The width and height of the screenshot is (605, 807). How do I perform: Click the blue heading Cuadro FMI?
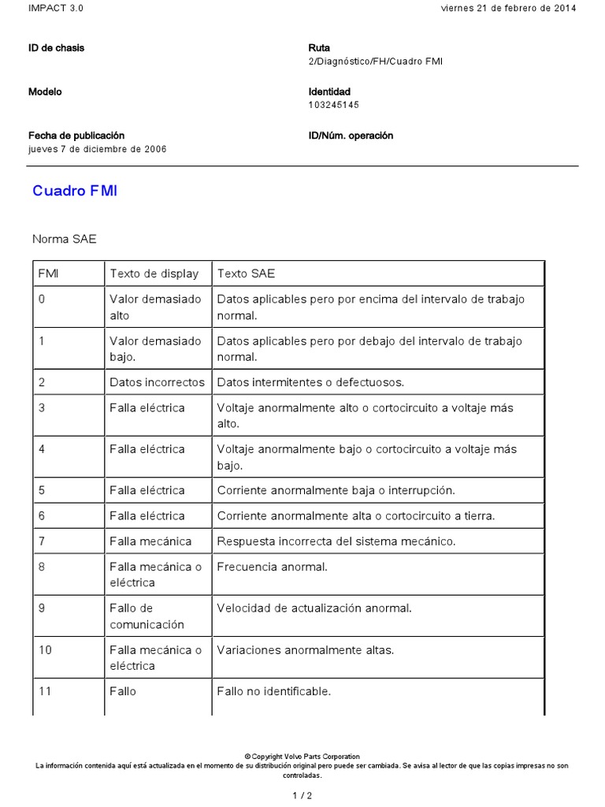coord(75,192)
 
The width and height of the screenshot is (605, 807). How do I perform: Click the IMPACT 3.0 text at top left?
coord(55,8)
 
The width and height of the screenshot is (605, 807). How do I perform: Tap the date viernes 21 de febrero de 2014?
coord(509,8)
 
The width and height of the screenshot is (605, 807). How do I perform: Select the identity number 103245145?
coord(334,105)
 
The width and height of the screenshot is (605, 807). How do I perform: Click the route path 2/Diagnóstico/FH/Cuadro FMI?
coord(375,61)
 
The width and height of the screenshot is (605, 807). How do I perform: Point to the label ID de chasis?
coord(56,48)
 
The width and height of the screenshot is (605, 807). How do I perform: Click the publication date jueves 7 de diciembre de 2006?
coord(97,149)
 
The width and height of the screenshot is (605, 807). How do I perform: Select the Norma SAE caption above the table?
coord(65,239)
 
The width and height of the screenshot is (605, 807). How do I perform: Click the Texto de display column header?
coord(154,273)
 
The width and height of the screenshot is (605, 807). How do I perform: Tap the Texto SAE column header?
coord(246,273)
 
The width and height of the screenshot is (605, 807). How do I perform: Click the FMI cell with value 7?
coord(42,541)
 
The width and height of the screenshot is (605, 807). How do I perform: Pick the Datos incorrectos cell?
coord(157,382)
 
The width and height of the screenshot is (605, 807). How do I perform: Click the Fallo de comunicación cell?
coord(147,616)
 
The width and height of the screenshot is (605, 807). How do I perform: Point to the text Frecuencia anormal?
coord(272,567)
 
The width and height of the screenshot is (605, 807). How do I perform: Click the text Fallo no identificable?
coord(273,691)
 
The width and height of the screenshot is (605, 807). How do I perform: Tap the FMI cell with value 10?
coord(45,650)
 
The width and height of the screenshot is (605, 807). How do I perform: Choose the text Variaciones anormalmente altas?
coord(305,650)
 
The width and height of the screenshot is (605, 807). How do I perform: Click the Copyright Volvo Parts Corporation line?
coord(302,757)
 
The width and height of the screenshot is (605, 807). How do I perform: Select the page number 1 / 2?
coord(302,795)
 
